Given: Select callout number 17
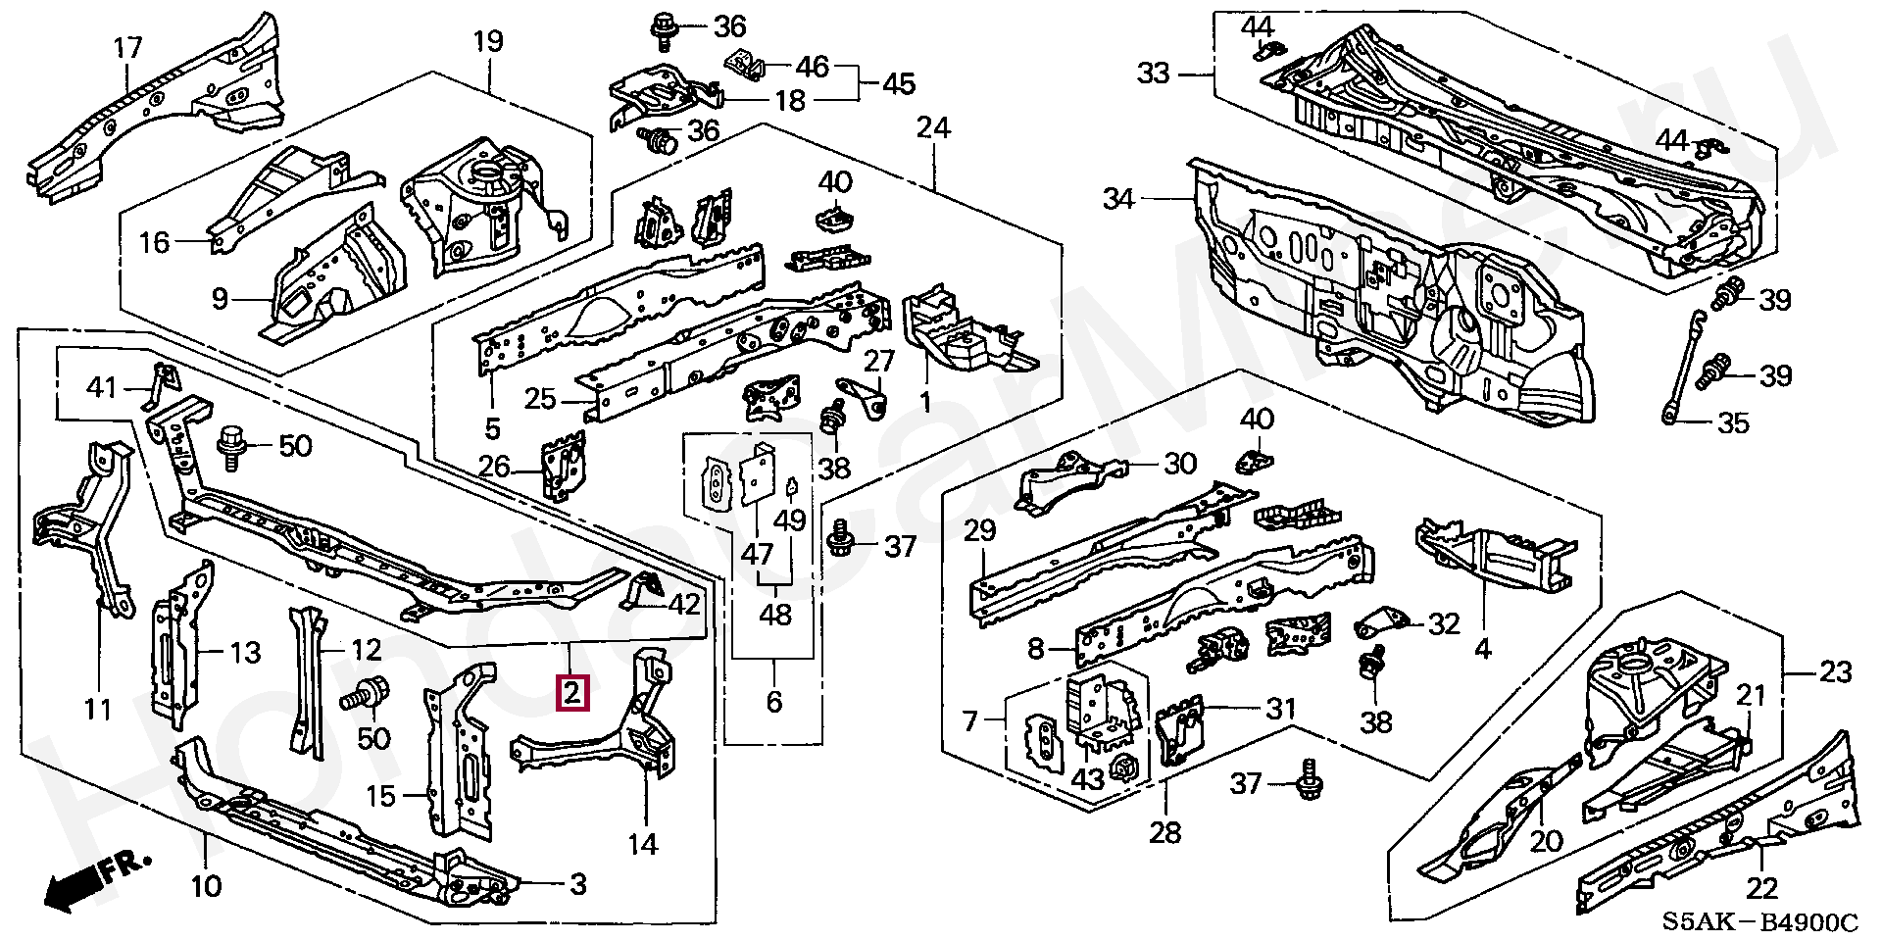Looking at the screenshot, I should click(127, 47).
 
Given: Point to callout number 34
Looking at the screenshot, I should click(1118, 200).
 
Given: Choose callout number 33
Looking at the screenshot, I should click(1155, 73).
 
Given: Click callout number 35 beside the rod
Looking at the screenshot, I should click(1733, 423).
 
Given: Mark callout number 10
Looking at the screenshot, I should click(206, 887).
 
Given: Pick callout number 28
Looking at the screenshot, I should click(1165, 833).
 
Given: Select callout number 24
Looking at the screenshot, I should click(934, 128).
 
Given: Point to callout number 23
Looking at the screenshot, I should click(1835, 672).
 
